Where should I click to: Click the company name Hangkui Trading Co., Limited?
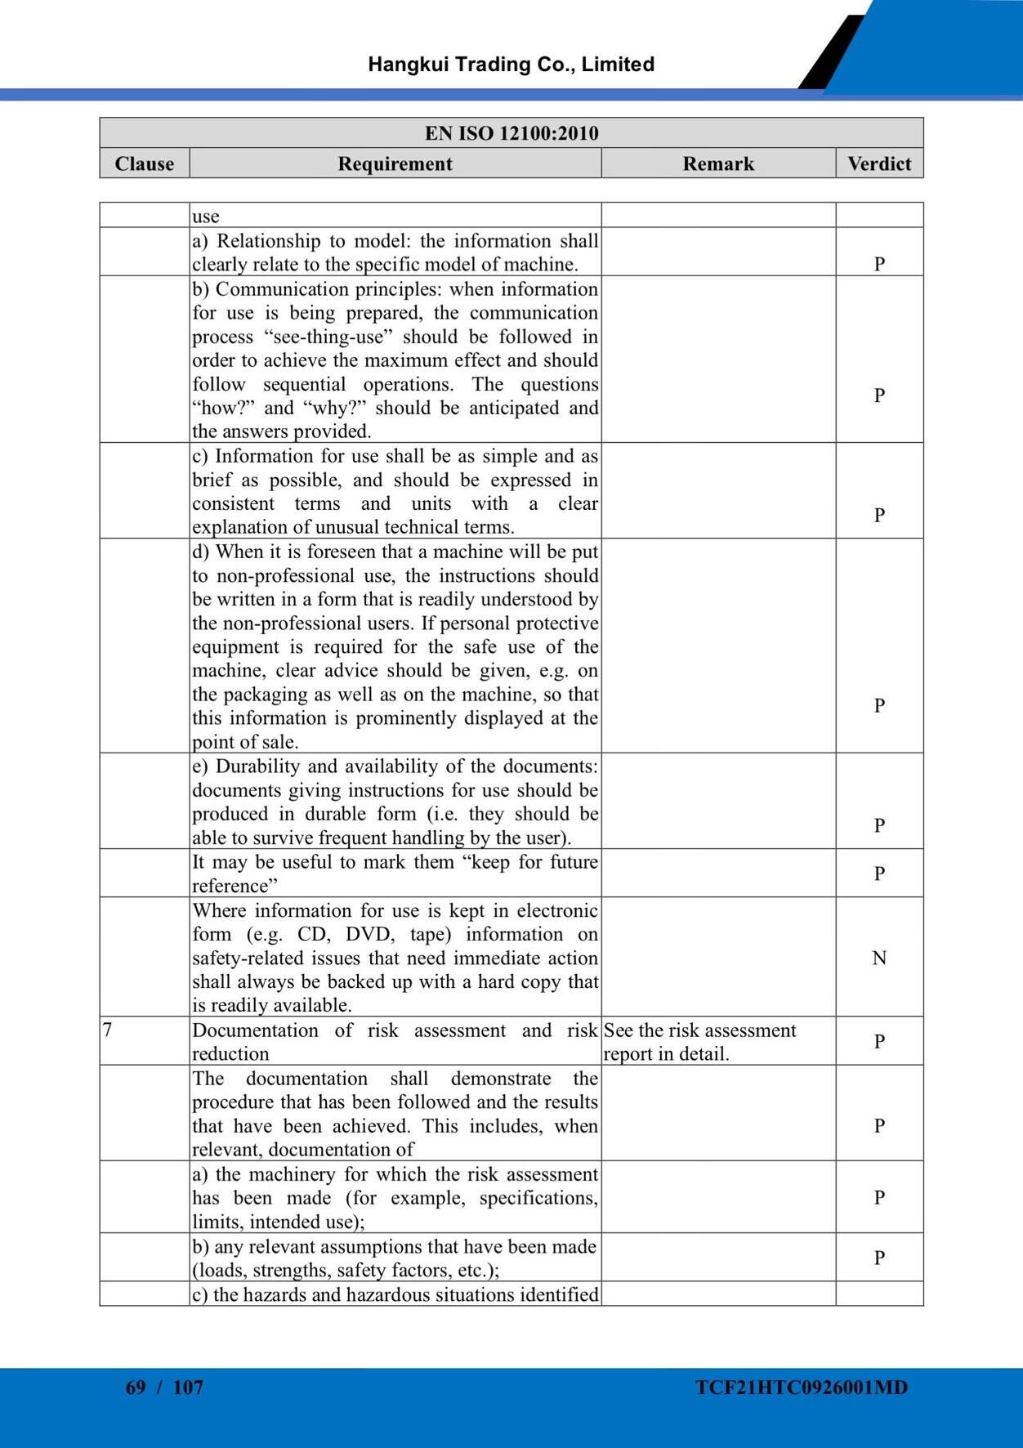pyautogui.click(x=511, y=65)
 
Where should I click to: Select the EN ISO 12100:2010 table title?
pyautogui.click(x=511, y=133)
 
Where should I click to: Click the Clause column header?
pyautogui.click(x=145, y=163)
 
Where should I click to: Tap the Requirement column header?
pyautogui.click(x=395, y=163)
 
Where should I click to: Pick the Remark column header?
pyautogui.click(x=718, y=163)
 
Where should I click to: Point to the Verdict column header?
pyautogui.click(x=879, y=163)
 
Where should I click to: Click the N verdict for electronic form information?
pyautogui.click(x=879, y=958)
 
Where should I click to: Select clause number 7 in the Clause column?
pyautogui.click(x=107, y=1030)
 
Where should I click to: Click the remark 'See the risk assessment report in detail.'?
pyautogui.click(x=699, y=1042)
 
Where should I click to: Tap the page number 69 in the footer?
pyautogui.click(x=136, y=1387)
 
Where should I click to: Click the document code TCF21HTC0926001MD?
pyautogui.click(x=802, y=1387)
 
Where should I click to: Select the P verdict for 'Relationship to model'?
pyautogui.click(x=879, y=264)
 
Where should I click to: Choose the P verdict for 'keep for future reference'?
pyautogui.click(x=879, y=874)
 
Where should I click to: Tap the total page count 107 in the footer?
pyautogui.click(x=188, y=1387)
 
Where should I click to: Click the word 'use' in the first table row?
pyautogui.click(x=206, y=217)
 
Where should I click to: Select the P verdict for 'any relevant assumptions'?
pyautogui.click(x=879, y=1258)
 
